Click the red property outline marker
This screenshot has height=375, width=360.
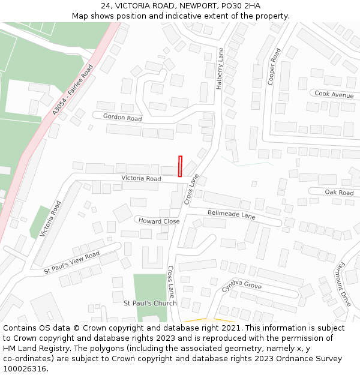(180, 166)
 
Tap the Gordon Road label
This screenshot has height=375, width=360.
(122, 118)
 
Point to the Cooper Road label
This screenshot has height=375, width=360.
(274, 67)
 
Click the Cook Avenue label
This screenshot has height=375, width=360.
(334, 95)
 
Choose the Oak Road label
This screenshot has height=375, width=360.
(339, 193)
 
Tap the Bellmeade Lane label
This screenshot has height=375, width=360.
(232, 214)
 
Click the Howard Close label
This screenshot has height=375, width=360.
(159, 221)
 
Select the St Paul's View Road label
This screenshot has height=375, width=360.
(72, 263)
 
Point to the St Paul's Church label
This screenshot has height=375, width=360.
(150, 303)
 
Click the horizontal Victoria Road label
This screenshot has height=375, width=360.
(141, 179)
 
